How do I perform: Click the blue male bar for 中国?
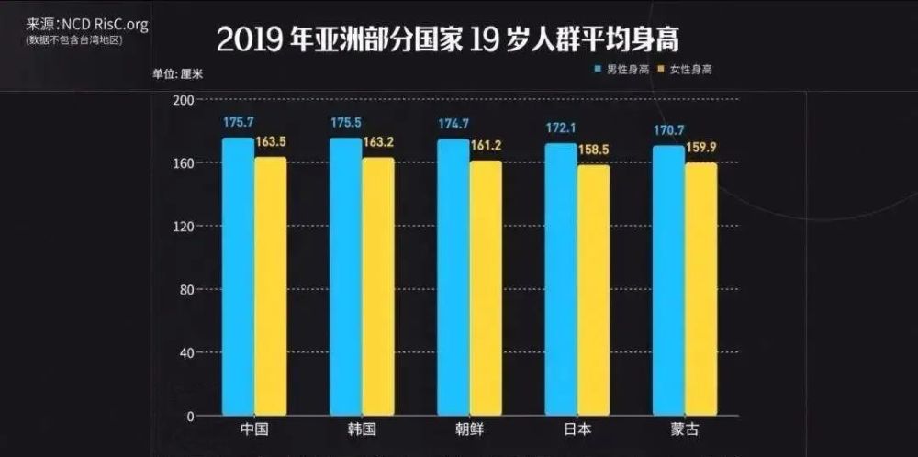point(238,276)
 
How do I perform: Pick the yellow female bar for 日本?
point(593,290)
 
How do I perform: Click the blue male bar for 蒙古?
point(668,280)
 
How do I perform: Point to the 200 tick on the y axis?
point(185,99)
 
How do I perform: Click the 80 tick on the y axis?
point(187,289)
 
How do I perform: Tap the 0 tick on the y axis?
point(191,416)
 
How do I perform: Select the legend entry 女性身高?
point(687,69)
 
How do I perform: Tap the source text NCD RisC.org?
point(104,25)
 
